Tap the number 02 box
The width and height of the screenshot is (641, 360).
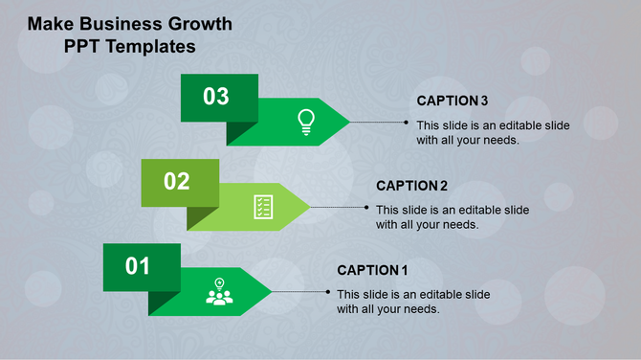click(179, 182)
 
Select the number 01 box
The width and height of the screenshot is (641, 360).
click(141, 266)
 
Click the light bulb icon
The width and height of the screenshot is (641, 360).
click(305, 121)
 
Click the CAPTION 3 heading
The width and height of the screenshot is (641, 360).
click(453, 101)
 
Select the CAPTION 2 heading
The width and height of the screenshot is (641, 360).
click(411, 186)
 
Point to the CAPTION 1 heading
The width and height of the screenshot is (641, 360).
click(372, 270)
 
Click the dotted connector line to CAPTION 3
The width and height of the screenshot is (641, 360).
click(380, 123)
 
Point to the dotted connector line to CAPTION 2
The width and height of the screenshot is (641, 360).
click(340, 207)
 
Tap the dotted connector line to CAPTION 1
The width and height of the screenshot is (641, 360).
click(300, 291)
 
